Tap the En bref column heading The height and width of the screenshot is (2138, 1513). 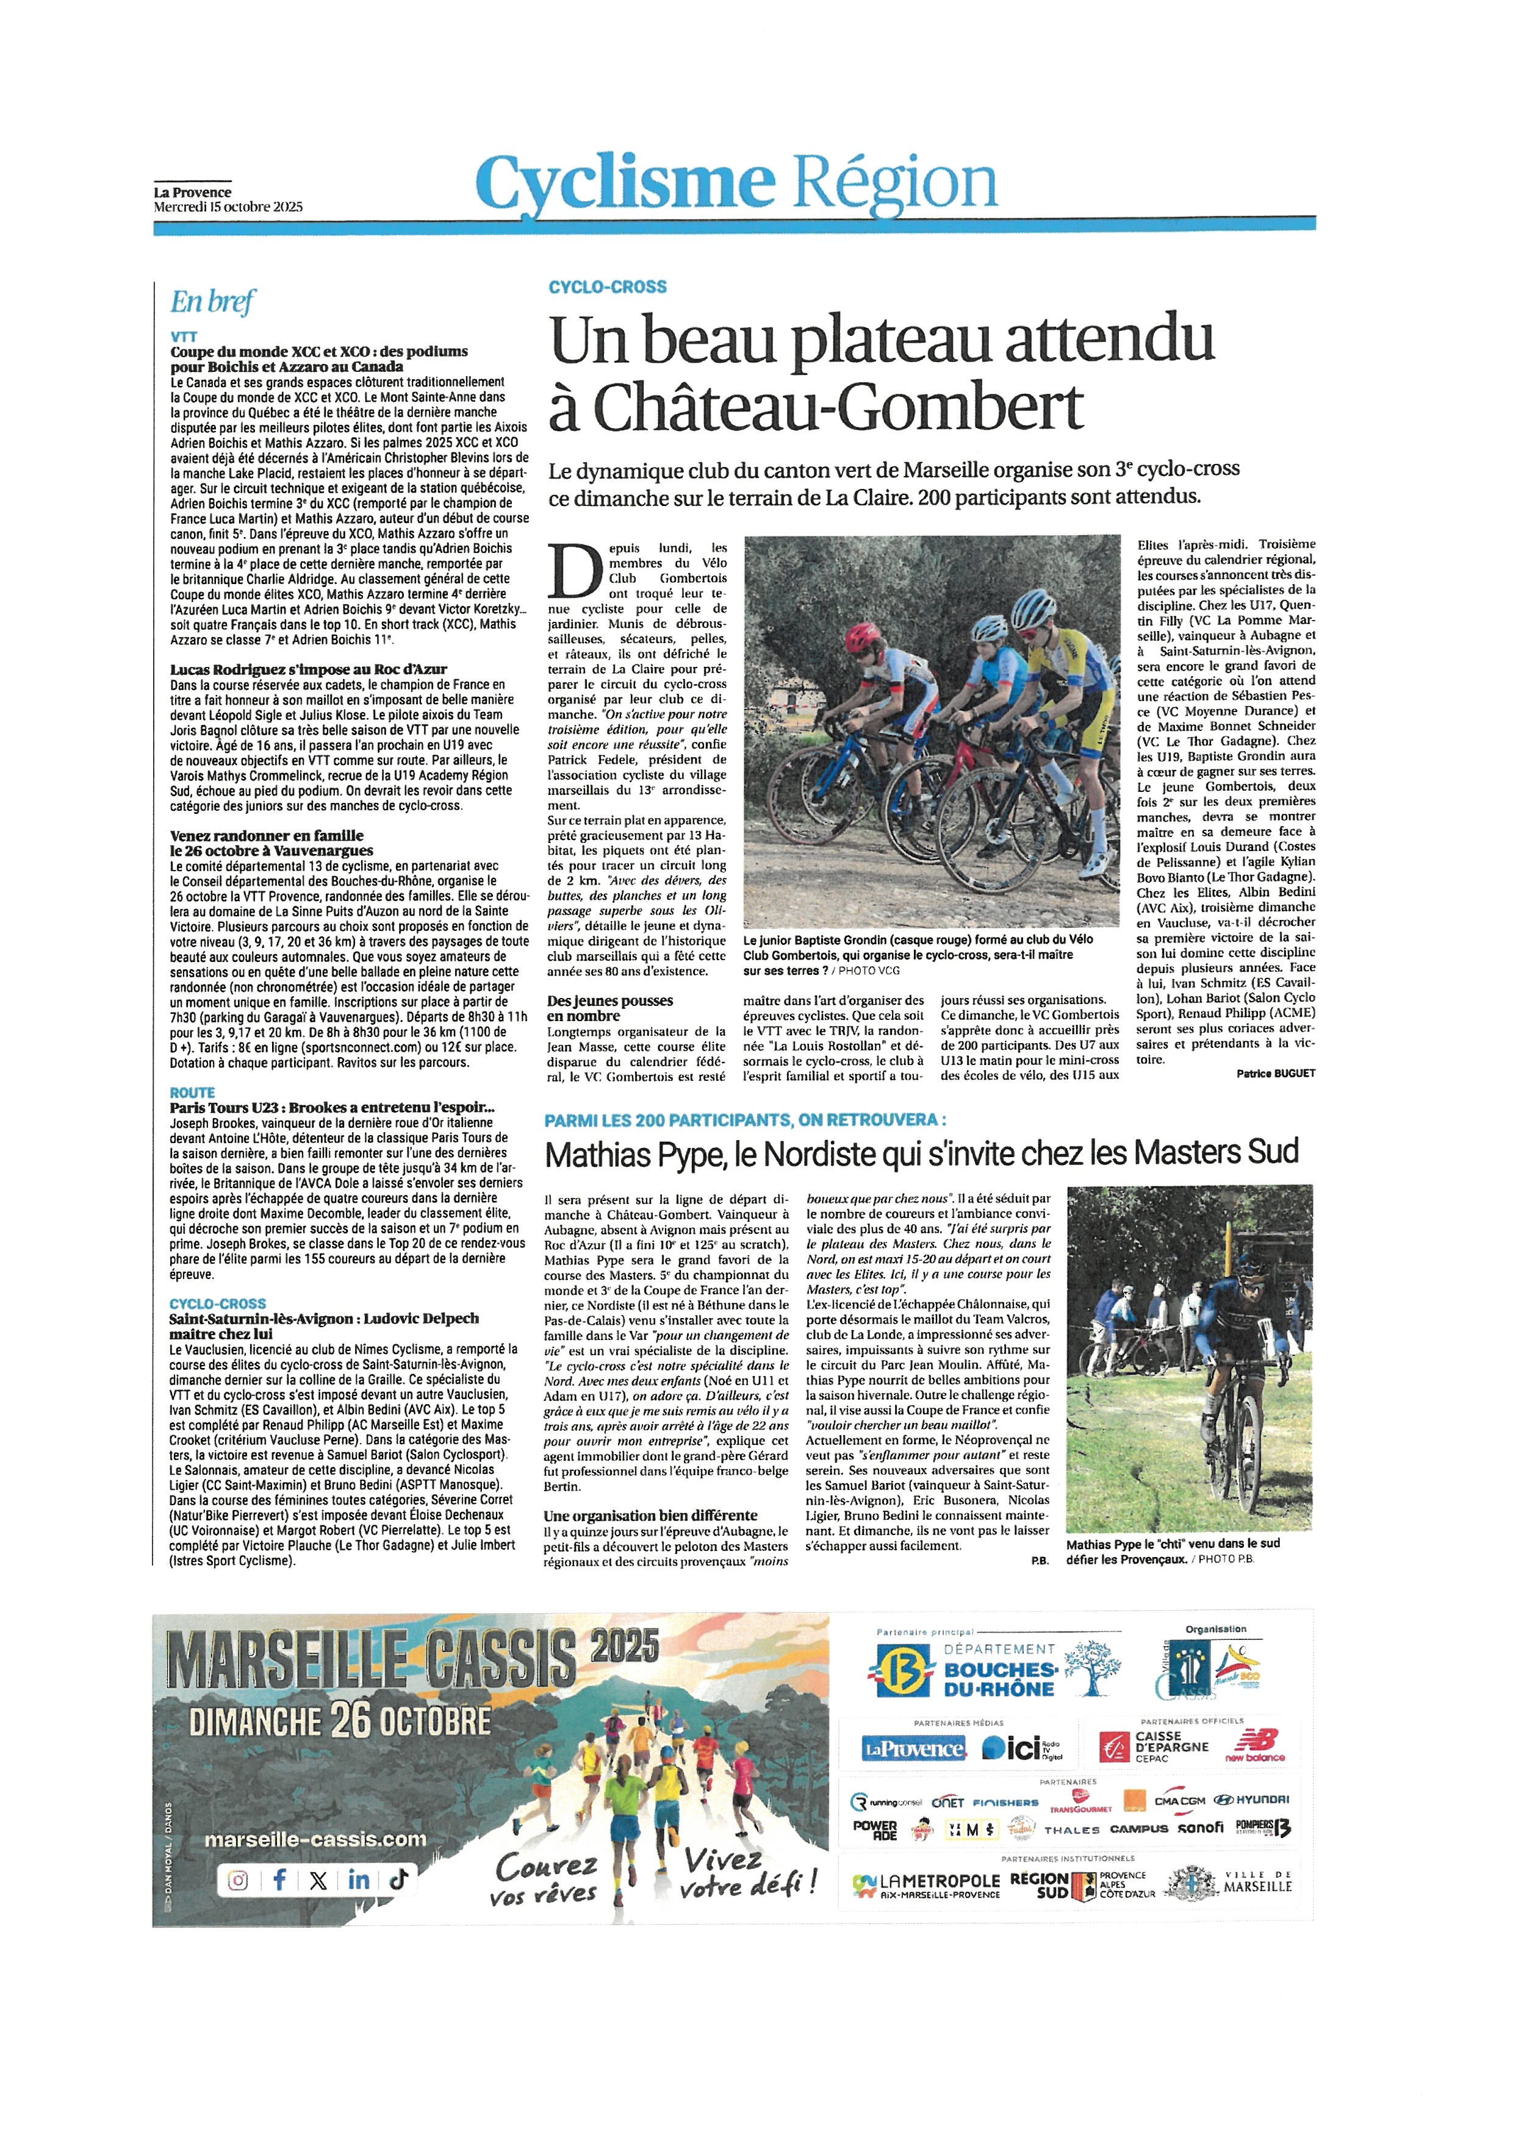[212, 302]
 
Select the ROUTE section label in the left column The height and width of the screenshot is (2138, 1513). [192, 1092]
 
